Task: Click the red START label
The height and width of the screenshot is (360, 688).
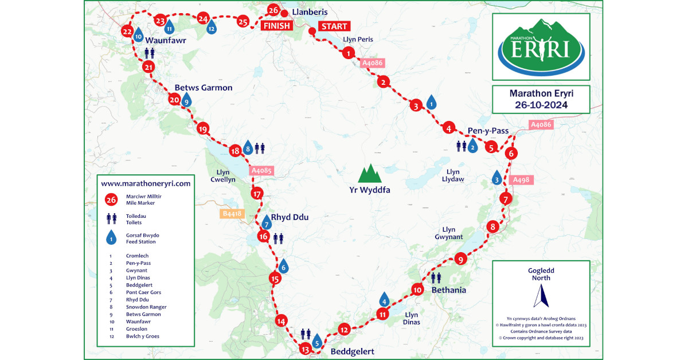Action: (334, 26)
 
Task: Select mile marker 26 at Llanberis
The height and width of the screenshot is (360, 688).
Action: (273, 10)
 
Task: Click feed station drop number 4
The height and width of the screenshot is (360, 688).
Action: (384, 299)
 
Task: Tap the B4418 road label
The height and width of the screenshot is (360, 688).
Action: (232, 214)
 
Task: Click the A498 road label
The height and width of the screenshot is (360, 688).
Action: (521, 180)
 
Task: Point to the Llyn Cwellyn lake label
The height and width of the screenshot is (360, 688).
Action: (223, 175)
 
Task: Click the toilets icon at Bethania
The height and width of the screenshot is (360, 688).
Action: (436, 278)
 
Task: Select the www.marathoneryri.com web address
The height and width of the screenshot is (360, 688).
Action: (145, 183)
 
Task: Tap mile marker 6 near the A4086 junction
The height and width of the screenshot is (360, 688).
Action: (511, 153)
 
